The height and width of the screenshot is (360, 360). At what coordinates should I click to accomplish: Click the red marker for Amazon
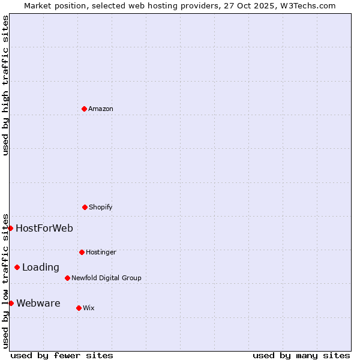(x=84, y=109)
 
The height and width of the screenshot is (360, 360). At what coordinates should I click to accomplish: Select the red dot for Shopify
(x=85, y=207)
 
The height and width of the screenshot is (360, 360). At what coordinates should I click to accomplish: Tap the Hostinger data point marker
(x=82, y=252)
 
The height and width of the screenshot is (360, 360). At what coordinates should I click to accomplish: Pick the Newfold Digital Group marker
(x=67, y=278)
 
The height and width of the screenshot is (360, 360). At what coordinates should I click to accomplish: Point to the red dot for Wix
(x=79, y=308)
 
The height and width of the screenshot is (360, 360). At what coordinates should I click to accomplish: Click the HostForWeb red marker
(x=10, y=228)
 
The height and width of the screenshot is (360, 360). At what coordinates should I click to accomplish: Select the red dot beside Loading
(x=17, y=267)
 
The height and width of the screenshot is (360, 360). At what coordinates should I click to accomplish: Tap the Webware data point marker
(x=11, y=303)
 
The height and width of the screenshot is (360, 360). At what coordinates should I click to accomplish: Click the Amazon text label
(x=101, y=109)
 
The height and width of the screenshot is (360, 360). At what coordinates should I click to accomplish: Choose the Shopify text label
(x=101, y=207)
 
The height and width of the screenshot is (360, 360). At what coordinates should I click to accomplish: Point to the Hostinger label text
(x=101, y=252)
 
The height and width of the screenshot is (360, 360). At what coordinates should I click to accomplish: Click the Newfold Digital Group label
(x=106, y=278)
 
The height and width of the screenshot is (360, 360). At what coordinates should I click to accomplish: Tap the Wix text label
(x=89, y=308)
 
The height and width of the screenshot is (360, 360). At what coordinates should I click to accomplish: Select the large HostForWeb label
(x=44, y=228)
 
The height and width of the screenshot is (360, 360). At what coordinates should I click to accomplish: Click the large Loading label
(x=41, y=267)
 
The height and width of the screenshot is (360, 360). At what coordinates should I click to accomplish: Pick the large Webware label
(x=38, y=303)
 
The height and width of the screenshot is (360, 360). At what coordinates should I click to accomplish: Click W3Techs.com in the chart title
(x=310, y=5)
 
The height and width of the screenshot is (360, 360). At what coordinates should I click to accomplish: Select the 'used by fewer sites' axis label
(x=62, y=355)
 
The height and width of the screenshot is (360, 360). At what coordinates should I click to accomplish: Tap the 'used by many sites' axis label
(x=301, y=355)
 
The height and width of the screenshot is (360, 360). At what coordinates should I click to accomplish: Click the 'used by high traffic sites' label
(x=5, y=85)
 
